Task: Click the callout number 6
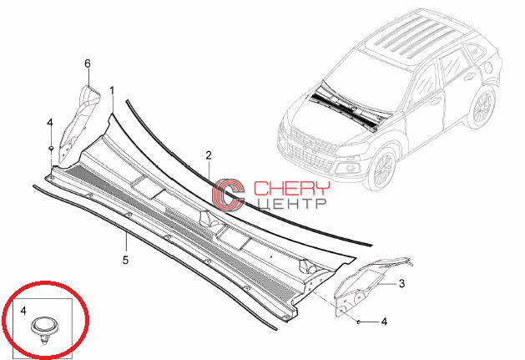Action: [x=88, y=63]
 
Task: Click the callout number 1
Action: [x=112, y=91]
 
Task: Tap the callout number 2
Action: [x=209, y=155]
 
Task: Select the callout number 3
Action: [x=401, y=284]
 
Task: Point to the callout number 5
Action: [x=125, y=260]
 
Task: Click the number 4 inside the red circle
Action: [x=23, y=311]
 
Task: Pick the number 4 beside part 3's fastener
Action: [x=384, y=322]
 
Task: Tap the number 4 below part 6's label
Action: [x=50, y=123]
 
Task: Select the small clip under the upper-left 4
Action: [x=51, y=148]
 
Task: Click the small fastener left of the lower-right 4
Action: [x=358, y=322]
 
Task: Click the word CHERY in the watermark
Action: [x=291, y=189]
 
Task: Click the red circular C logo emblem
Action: [x=229, y=194]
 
